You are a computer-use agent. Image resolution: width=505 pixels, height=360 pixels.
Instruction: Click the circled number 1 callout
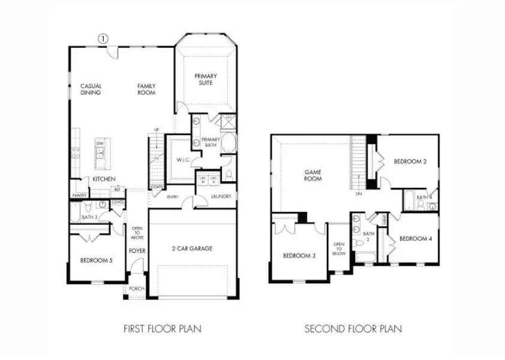(x=103, y=38)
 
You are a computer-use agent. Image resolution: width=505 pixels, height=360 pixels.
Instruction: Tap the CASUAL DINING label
(x=91, y=89)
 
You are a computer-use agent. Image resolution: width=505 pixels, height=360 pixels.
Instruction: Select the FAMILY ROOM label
(x=146, y=89)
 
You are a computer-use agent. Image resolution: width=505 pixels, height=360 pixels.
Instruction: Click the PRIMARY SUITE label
(x=206, y=80)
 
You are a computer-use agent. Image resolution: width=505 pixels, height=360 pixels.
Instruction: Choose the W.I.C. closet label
(x=183, y=160)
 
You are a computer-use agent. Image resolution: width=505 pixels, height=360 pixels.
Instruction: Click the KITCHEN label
(x=104, y=179)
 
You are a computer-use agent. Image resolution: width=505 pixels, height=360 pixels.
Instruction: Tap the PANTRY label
(x=79, y=195)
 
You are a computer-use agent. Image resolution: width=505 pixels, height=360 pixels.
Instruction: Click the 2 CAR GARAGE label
(x=193, y=248)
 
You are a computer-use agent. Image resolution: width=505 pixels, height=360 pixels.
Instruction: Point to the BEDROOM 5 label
(x=96, y=260)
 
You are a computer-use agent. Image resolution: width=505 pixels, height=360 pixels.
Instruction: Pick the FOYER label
(x=137, y=250)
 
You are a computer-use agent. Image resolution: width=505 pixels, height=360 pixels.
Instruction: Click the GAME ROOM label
(x=312, y=175)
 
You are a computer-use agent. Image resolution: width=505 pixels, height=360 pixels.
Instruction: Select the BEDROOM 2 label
(x=410, y=162)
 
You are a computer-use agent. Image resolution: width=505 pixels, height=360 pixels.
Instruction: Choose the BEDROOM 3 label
(x=299, y=256)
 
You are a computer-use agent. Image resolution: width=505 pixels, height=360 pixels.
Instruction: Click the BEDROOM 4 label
(x=415, y=239)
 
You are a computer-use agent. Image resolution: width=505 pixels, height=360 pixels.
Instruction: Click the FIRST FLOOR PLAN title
(x=162, y=328)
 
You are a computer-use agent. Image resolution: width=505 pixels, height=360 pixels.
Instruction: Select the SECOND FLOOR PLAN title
(x=353, y=328)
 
